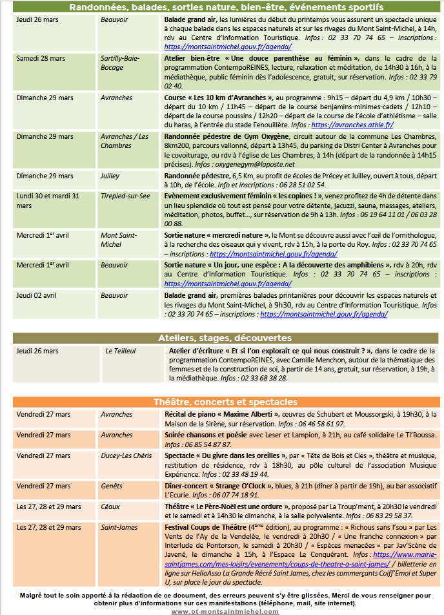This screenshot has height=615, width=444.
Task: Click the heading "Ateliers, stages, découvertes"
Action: [225, 338]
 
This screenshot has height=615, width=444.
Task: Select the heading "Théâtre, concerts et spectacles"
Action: [225, 401]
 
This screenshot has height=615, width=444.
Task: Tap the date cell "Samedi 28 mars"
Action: [41, 58]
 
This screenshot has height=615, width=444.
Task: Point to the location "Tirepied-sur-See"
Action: [125, 196]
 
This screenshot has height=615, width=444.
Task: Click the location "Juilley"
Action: [110, 176]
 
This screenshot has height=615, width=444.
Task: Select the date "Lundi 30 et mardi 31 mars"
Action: [47, 200]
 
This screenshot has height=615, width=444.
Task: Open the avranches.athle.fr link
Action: [352, 125]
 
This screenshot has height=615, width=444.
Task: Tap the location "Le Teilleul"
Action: [121, 351]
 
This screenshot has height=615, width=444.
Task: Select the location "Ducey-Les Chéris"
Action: [126, 455]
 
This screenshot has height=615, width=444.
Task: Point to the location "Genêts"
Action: [111, 485]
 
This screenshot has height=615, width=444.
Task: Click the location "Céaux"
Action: [110, 506]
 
